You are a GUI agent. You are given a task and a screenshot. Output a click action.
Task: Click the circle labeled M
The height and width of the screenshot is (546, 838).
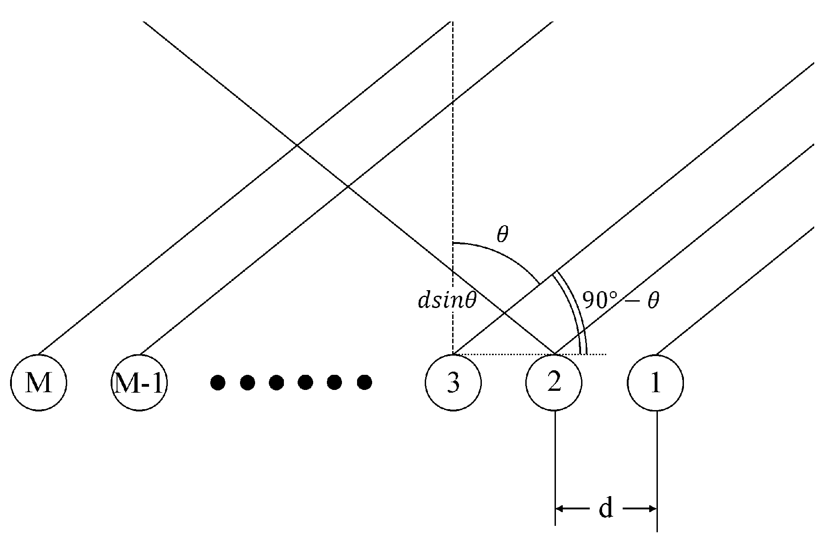(39, 383)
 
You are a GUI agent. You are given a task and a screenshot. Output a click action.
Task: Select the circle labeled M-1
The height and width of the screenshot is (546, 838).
(139, 383)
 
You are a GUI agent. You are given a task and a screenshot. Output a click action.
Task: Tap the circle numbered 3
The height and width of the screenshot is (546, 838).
(453, 383)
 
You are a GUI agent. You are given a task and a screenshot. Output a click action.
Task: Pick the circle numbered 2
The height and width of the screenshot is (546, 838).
(554, 383)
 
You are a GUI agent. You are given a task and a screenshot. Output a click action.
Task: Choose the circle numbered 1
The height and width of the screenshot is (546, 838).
(656, 383)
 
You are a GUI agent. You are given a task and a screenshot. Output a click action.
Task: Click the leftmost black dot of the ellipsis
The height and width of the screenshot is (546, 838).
(218, 382)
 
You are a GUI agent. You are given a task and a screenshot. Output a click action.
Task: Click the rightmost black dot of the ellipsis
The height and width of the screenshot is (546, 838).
(364, 382)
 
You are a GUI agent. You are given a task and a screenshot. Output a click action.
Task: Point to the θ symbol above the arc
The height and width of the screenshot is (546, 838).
(502, 235)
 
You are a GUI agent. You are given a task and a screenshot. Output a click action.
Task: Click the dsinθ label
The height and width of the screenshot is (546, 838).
(447, 301)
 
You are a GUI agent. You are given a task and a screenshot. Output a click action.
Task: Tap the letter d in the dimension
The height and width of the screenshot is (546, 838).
(606, 508)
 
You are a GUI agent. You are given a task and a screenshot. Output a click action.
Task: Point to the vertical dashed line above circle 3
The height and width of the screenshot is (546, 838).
(452, 137)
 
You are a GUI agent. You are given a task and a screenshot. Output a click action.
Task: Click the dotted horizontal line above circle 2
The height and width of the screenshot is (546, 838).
(503, 354)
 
